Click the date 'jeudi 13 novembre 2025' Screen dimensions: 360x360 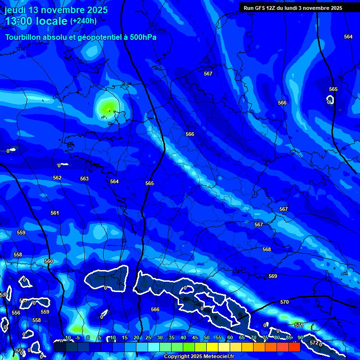coord(56,10)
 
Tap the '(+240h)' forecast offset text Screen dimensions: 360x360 coord(83,21)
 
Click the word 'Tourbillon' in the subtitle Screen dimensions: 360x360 coord(24,37)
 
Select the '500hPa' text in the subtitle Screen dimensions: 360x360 coord(143,37)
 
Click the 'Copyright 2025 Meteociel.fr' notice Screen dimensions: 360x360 coord(199,357)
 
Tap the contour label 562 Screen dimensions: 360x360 coord(57,178)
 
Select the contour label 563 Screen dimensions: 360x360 coord(84,179)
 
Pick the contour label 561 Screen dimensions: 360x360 coord(55,213)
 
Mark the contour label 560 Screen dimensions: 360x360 coord(49,261)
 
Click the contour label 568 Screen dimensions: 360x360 coord(267,249)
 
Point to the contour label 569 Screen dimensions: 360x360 coord(273,276)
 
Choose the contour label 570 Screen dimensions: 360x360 coord(285,302)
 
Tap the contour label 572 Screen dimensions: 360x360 coord(314,343)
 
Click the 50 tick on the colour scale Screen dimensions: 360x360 coord(206,337)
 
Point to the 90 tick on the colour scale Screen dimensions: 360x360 coord(300,337)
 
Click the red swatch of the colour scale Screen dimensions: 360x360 coord(294,347)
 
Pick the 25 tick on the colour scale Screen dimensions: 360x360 coord(148,337)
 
